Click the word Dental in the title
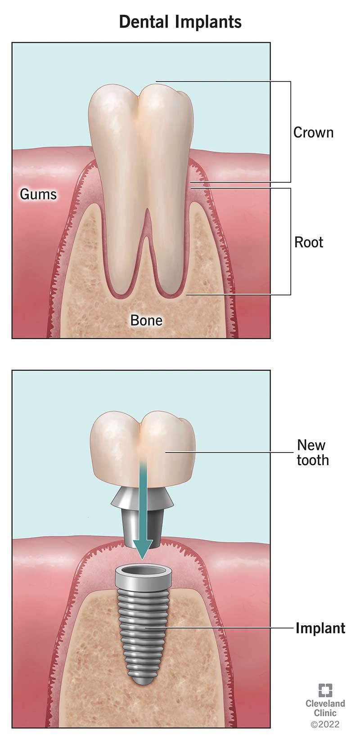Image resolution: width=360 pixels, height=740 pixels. (144, 22)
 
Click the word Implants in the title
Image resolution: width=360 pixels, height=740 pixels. (208, 22)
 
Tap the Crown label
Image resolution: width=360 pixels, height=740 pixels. (313, 132)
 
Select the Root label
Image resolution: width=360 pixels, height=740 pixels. (308, 242)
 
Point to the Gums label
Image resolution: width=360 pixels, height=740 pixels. (38, 194)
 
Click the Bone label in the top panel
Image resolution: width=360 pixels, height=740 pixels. (146, 320)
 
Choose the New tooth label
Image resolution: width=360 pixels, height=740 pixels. (313, 452)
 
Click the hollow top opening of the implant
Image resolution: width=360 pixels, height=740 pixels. (143, 570)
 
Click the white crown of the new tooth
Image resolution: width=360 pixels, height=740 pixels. (143, 449)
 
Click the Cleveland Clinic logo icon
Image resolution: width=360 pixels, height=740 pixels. (325, 690)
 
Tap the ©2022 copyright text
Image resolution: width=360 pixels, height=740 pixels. (325, 724)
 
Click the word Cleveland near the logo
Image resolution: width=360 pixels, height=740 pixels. (325, 703)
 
